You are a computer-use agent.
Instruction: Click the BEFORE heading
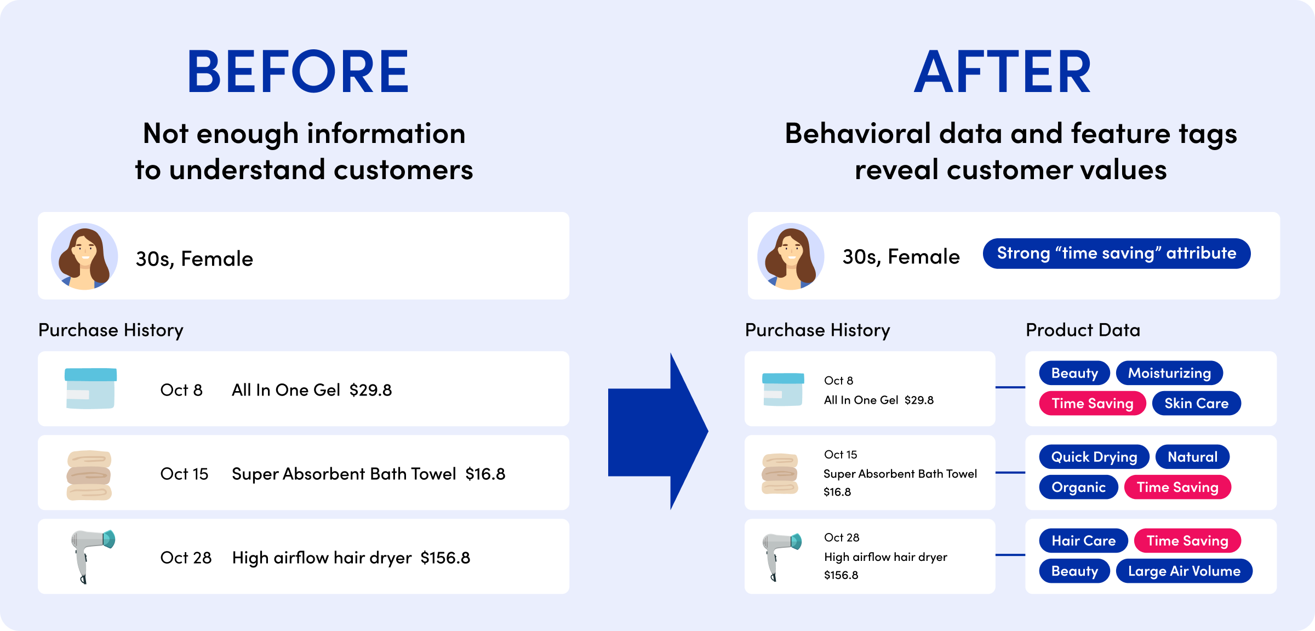coord(298,71)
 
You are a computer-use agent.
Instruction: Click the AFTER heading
coord(1003,71)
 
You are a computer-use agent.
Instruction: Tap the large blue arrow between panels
coord(658,431)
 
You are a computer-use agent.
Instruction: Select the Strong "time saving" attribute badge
coord(1117,254)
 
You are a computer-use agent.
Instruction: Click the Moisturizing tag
coord(1169,373)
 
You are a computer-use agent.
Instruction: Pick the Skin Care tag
coord(1196,403)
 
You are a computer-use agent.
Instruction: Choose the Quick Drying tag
coord(1094,457)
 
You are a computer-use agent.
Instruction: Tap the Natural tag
coord(1192,457)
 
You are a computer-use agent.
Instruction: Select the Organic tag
coord(1078,487)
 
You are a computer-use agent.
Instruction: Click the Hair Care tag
coord(1083,541)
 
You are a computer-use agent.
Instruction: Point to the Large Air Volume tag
coord(1184,571)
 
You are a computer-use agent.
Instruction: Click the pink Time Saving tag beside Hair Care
coord(1187,541)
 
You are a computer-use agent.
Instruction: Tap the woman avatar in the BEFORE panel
coord(84,256)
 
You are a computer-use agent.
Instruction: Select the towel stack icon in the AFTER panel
coord(780,473)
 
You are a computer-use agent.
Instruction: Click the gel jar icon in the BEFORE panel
coord(90,388)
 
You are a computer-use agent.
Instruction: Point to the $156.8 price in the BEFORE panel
coord(445,558)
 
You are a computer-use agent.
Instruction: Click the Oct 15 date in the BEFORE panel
coord(184,474)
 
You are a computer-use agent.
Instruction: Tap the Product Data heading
coord(1083,330)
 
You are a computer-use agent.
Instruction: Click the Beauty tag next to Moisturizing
coord(1074,373)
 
